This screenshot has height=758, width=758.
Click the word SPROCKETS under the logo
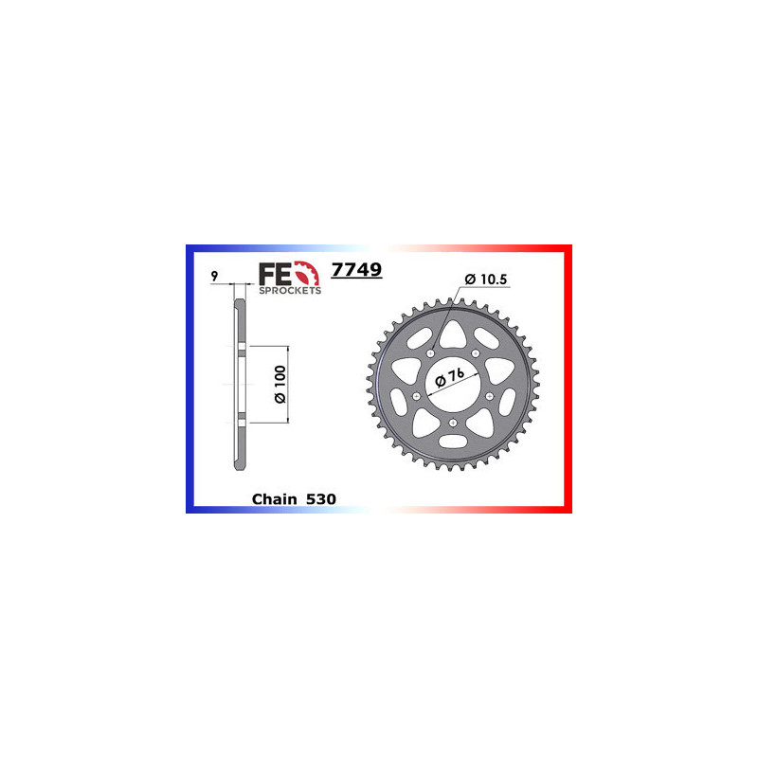coord(290,291)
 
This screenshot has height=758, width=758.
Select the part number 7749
coord(356,270)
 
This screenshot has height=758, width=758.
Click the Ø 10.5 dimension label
coord(489,279)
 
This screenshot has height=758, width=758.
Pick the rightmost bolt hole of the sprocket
coord(490,396)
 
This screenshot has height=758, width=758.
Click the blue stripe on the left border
coord(189,379)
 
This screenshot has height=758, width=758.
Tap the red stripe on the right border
coord(568,379)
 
